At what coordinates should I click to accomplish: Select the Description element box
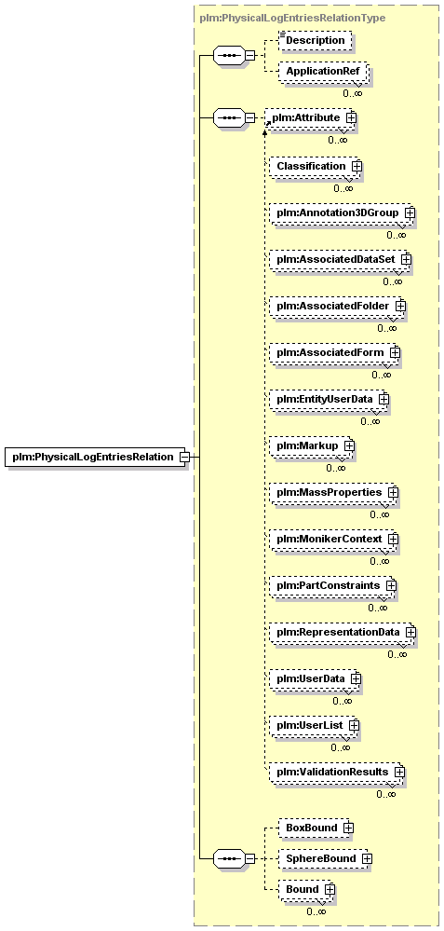(x=316, y=40)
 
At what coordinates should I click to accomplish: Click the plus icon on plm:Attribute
(x=351, y=117)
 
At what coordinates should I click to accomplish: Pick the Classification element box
(x=315, y=166)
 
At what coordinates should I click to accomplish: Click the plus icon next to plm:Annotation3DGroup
(x=409, y=212)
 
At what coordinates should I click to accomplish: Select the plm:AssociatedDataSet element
(x=339, y=259)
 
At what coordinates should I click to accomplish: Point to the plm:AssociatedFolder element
(x=336, y=306)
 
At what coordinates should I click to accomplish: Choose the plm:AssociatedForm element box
(x=334, y=352)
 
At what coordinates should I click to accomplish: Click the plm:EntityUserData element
(x=328, y=399)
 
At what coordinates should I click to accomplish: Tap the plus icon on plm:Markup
(x=348, y=445)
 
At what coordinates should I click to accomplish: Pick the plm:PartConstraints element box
(x=331, y=585)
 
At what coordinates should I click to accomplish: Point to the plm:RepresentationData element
(x=342, y=633)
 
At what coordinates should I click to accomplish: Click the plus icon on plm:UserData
(x=355, y=678)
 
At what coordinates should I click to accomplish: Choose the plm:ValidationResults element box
(x=336, y=772)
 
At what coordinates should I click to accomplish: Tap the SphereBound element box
(x=324, y=858)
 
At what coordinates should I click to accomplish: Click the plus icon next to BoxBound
(x=348, y=828)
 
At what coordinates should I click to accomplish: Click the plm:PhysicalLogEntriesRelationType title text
(x=293, y=18)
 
